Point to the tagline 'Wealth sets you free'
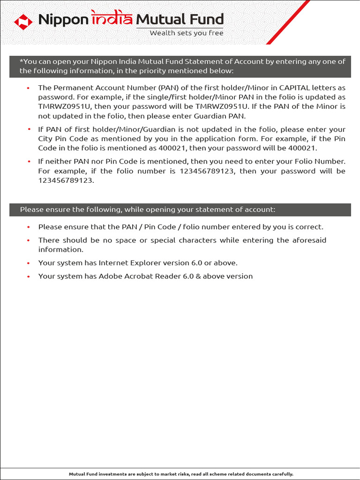coord(187,33)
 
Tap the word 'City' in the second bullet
coord(46,139)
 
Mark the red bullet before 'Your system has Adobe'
coord(28,277)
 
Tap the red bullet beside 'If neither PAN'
coord(28,162)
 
